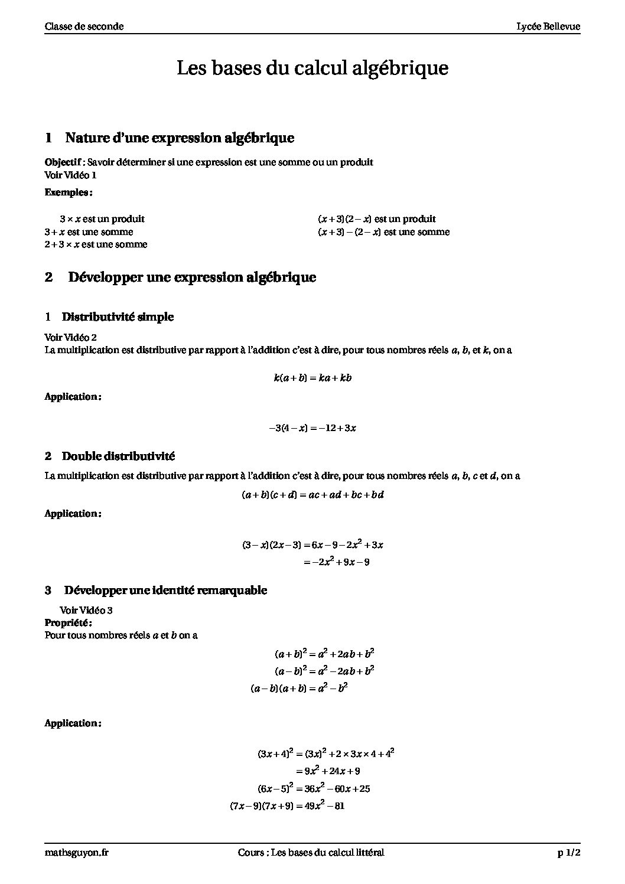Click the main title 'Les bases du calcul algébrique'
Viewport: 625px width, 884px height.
point(312,68)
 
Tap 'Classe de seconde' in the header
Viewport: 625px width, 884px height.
point(84,27)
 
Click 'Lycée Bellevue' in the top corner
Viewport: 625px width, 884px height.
point(548,27)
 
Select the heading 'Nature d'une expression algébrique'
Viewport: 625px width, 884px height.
point(180,138)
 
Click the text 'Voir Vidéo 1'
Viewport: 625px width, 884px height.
point(70,175)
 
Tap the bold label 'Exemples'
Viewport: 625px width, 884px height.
point(68,193)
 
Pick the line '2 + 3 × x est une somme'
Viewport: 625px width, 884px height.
point(96,244)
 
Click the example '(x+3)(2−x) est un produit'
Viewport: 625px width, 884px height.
point(376,219)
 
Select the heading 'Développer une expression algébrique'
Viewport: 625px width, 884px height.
point(192,277)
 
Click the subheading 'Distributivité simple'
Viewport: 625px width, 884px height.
point(118,317)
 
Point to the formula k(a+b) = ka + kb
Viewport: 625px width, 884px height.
point(312,378)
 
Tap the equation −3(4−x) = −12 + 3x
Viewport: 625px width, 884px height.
point(312,428)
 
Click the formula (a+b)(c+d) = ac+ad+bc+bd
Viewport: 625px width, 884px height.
point(312,495)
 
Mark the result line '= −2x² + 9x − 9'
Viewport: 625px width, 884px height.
point(336,562)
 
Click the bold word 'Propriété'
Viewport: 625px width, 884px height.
point(68,622)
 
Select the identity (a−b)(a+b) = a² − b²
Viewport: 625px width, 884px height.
point(299,688)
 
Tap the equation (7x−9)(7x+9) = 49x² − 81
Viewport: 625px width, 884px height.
point(287,805)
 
